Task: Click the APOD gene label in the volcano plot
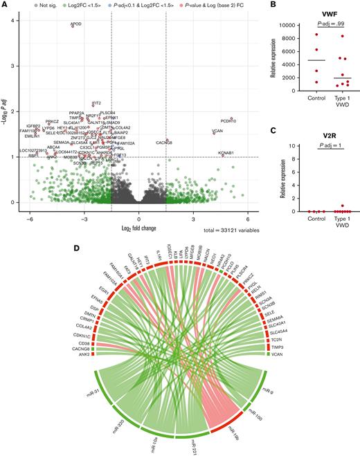(76, 24)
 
